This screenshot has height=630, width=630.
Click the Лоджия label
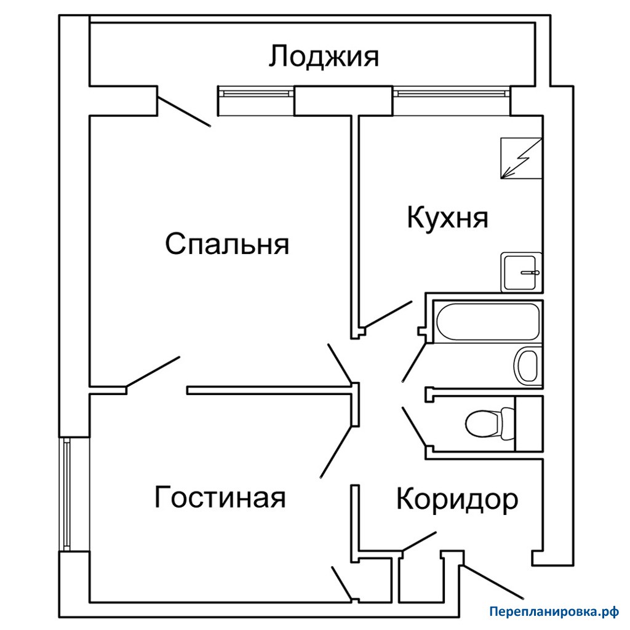coord(324,56)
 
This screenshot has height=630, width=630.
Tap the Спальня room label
coord(227,244)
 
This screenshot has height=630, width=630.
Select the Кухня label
coord(448,218)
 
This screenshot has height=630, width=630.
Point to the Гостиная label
coord(220,497)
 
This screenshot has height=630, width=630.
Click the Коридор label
coord(457,500)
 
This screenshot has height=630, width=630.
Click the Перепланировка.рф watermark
coord(554,612)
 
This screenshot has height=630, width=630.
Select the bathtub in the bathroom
coord(488,321)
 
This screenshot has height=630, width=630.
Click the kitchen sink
coord(521,272)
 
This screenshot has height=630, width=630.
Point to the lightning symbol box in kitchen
coord(521,158)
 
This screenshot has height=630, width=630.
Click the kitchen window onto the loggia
coord(452,94)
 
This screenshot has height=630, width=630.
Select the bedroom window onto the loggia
coord(255,94)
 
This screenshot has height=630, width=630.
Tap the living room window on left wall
coord(66,494)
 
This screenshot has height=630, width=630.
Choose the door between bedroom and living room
coord(153,372)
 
